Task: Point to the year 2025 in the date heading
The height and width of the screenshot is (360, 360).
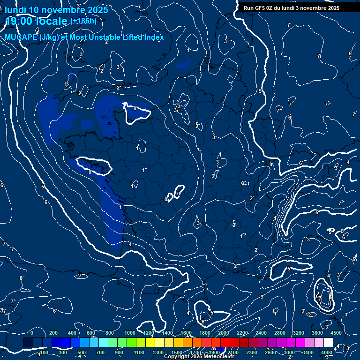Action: [x=97, y=10]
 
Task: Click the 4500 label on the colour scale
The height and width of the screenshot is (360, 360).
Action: [x=336, y=333]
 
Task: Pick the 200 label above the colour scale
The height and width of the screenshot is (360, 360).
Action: [x=53, y=333]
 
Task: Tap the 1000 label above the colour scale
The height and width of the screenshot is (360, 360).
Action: [x=130, y=333]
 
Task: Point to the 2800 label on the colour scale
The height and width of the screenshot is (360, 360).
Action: [x=280, y=333]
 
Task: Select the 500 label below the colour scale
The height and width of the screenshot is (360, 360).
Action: [x=82, y=352]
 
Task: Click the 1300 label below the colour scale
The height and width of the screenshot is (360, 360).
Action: [x=158, y=352]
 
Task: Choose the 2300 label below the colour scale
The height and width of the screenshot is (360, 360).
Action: [x=252, y=352]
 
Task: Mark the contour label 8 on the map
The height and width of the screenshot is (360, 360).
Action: [x=21, y=278]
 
